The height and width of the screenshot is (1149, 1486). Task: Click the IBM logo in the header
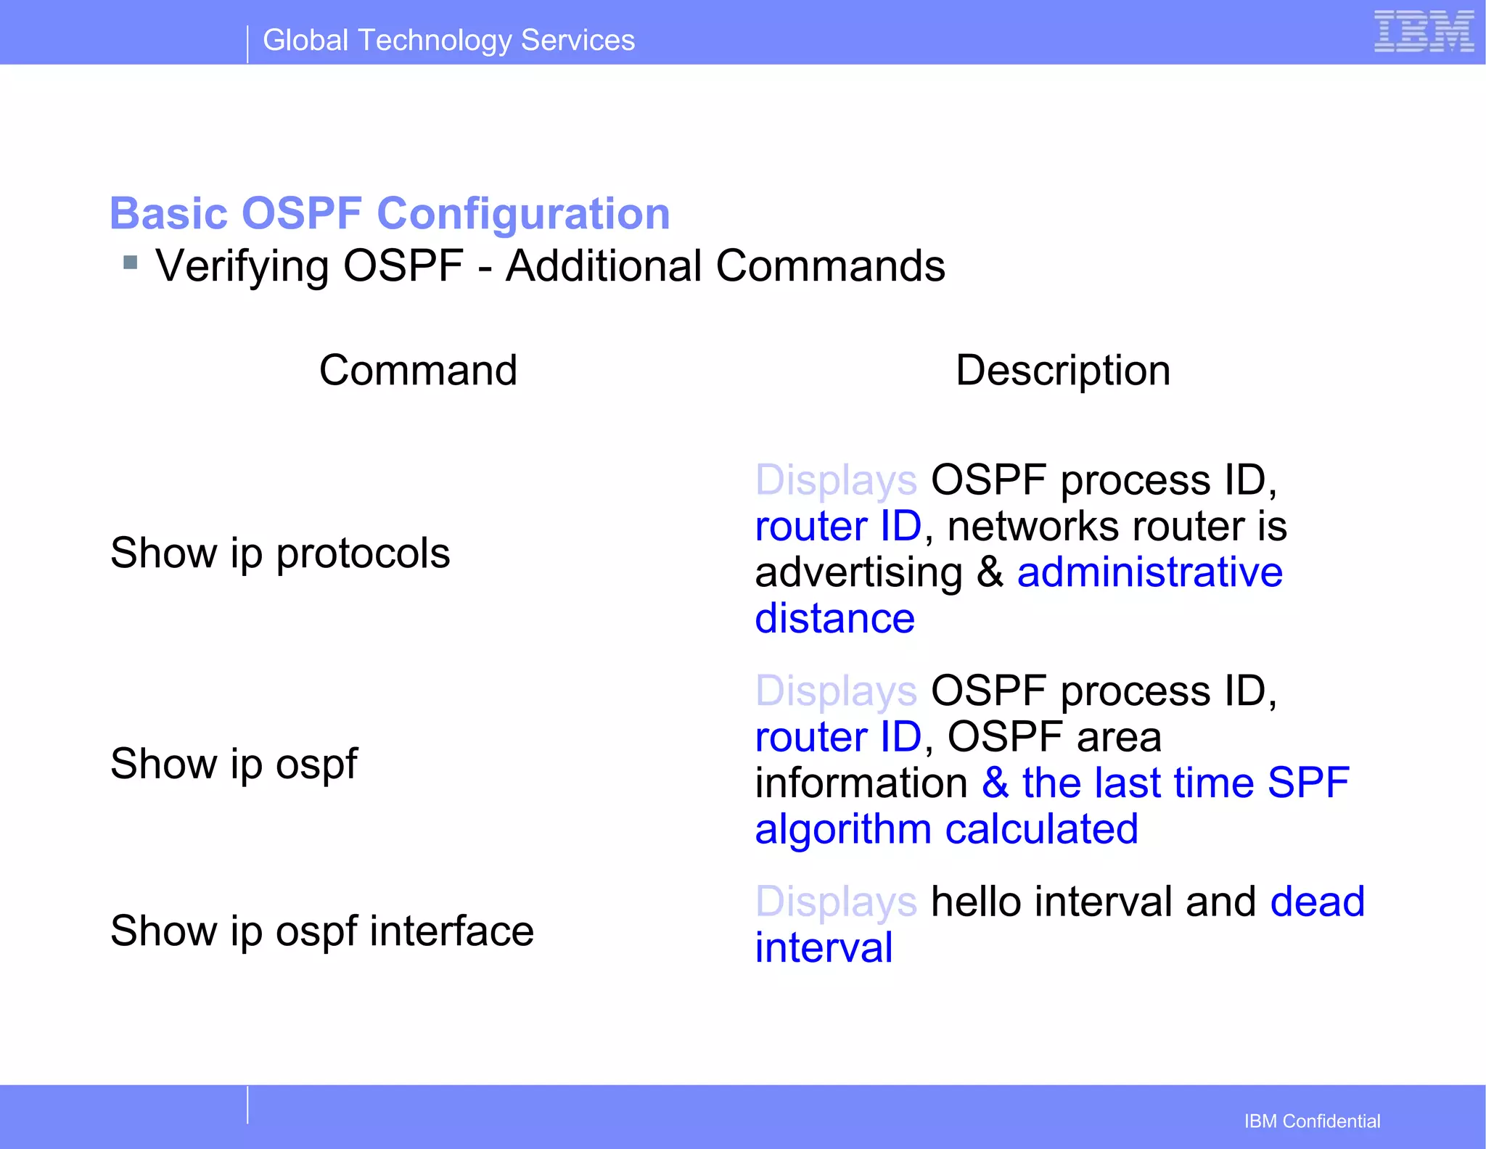tap(1424, 32)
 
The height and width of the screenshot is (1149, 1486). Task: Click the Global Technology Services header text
tap(448, 40)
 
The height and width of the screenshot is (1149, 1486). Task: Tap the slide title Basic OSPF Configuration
tap(390, 213)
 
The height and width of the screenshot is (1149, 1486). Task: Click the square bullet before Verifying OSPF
tap(131, 262)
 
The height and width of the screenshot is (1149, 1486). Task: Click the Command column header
tap(418, 370)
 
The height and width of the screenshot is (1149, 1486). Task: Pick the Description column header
tap(1063, 370)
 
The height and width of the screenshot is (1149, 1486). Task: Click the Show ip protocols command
tap(280, 553)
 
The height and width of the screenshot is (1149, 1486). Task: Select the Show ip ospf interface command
tap(321, 931)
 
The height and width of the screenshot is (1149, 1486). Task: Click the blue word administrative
tap(1149, 572)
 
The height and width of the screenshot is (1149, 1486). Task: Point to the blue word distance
tap(834, 618)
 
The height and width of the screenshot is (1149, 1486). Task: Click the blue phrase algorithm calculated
tap(946, 828)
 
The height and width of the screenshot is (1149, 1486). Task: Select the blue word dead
tap(1317, 901)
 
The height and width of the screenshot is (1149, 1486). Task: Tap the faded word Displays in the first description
tap(836, 480)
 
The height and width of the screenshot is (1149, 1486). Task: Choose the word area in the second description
tap(1119, 737)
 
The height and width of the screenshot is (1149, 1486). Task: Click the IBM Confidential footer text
tap(1312, 1121)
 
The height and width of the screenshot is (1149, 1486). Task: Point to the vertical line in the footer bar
tap(247, 1105)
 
